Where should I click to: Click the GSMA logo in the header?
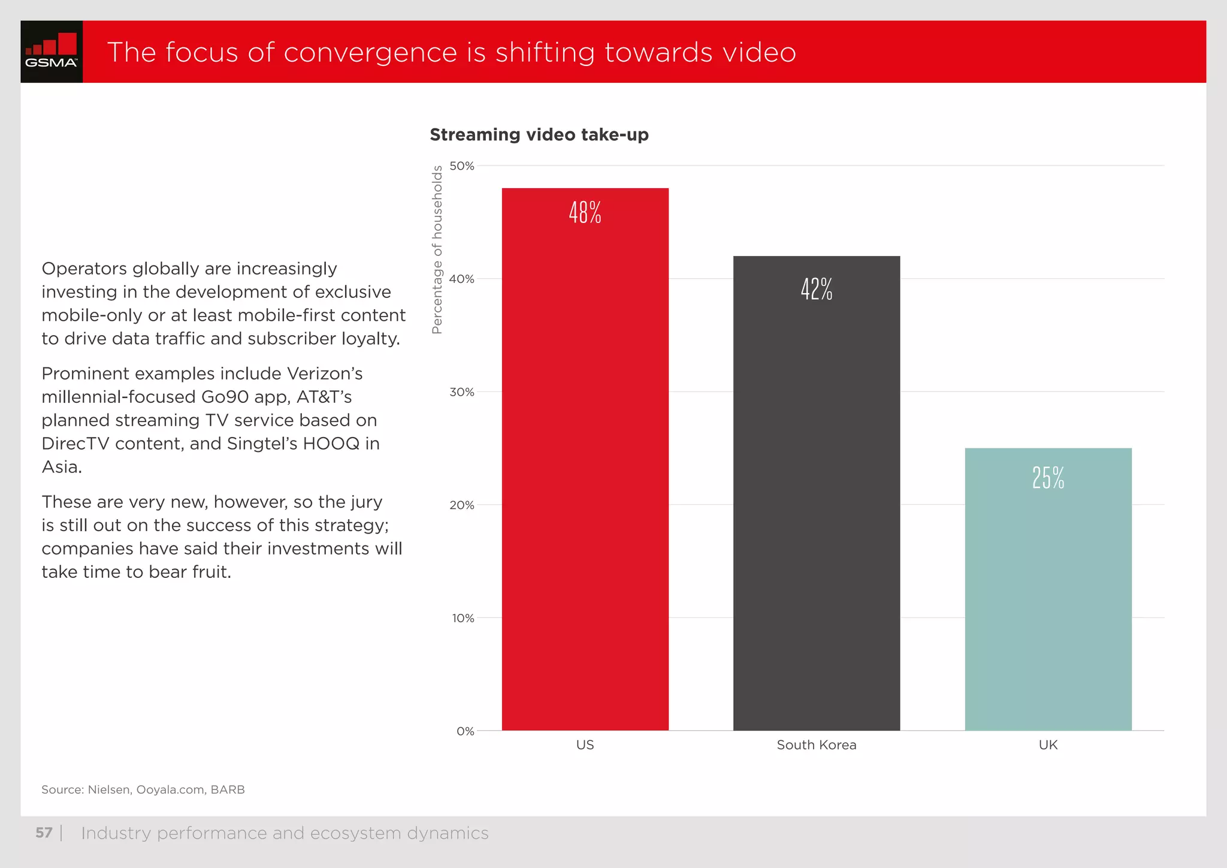click(x=52, y=52)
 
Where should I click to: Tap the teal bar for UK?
click(x=1048, y=599)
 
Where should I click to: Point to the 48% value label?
click(x=585, y=213)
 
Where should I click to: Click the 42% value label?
click(x=817, y=289)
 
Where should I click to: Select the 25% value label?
click(x=1048, y=478)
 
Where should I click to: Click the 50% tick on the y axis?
click(x=462, y=166)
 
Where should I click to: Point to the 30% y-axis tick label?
click(x=462, y=392)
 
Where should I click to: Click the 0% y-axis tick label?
click(x=465, y=731)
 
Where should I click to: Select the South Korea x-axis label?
click(x=816, y=745)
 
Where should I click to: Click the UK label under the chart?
click(x=1048, y=745)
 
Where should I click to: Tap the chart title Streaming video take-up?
click(x=539, y=135)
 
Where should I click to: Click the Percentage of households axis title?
click(x=437, y=249)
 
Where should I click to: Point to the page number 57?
click(x=44, y=833)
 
